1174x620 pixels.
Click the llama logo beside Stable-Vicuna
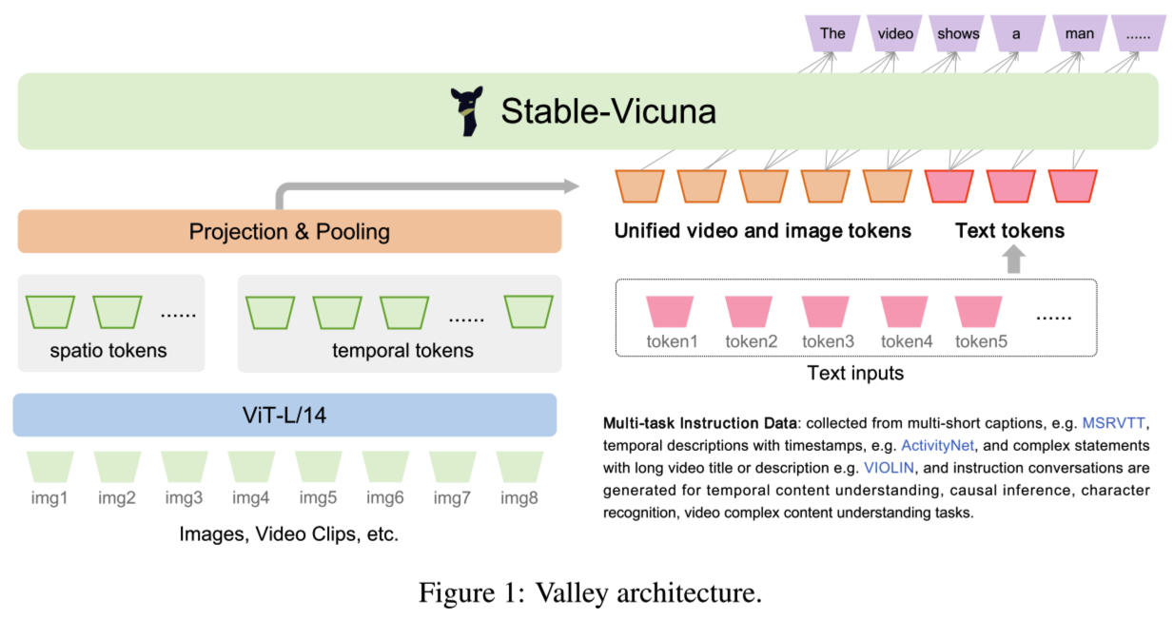coord(467,111)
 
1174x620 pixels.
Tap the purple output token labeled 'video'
coord(895,33)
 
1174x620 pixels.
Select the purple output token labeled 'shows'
coord(958,33)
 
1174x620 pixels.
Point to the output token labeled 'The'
coord(832,33)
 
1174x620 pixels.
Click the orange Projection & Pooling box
coord(289,231)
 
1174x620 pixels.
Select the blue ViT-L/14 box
coord(284,415)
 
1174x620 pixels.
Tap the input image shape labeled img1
coord(50,466)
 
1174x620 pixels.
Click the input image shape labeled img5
coord(319,466)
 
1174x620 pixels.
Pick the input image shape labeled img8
coord(519,466)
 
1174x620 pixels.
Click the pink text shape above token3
coord(828,311)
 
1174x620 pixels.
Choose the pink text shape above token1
coord(672,311)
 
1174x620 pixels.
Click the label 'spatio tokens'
coord(108,351)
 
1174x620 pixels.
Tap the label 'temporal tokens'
coord(402,351)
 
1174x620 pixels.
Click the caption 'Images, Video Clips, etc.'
coord(288,534)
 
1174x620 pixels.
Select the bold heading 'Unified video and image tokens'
coord(762,231)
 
